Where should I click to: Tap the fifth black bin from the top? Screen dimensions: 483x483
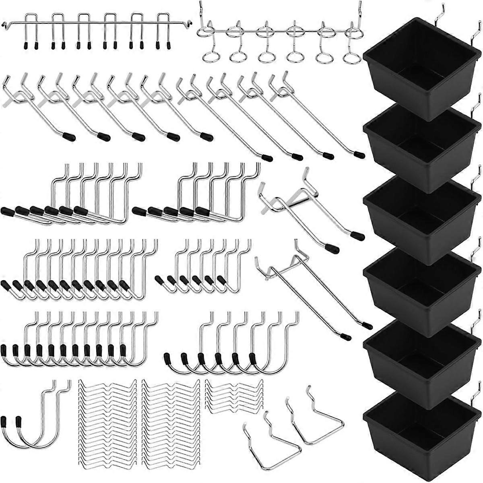pos(419,362)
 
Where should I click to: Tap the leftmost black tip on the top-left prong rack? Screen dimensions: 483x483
pos(26,44)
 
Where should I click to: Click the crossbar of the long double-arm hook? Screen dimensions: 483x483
pos(287,261)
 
